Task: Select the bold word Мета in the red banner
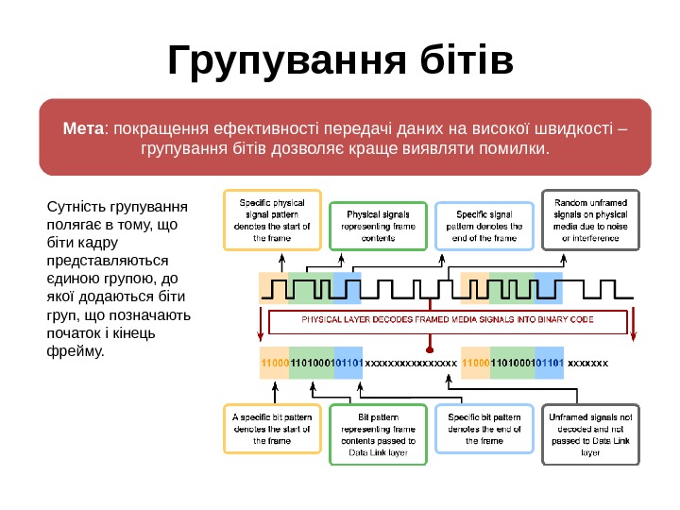click(83, 128)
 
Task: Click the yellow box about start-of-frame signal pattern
click(272, 220)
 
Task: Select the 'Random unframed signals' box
click(590, 220)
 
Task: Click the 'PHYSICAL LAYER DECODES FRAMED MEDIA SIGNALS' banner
click(448, 320)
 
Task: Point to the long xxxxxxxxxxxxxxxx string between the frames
click(410, 362)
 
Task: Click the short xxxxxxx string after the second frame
click(588, 362)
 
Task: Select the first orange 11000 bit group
click(275, 362)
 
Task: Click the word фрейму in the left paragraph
click(71, 351)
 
